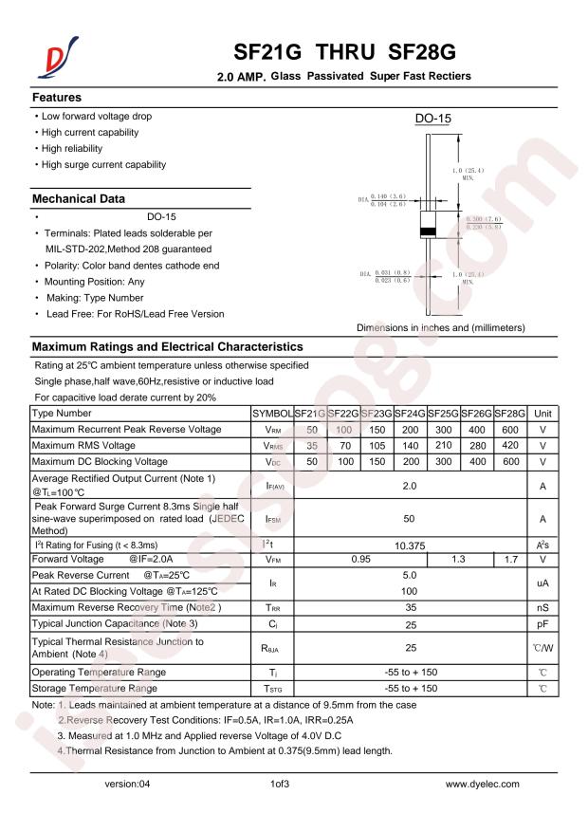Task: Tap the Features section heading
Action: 57,98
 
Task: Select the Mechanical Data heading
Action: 79,199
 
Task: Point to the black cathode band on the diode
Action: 428,231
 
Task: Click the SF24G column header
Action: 410,414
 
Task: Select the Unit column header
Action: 542,414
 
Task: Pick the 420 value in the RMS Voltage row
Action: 510,446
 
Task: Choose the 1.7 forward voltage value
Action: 510,559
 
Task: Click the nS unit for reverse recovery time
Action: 542,606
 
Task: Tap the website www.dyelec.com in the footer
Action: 483,785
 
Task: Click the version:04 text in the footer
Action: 127,785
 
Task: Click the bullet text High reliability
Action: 71,149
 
